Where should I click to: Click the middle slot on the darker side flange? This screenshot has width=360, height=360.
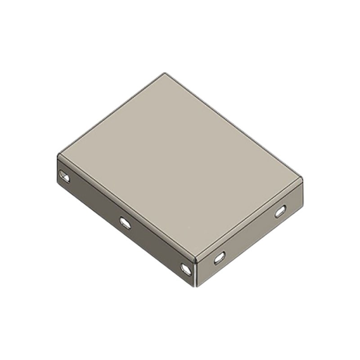click(125, 222)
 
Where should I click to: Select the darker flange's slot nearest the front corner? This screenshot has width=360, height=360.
click(186, 269)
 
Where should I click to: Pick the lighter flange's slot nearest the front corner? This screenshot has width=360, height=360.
click(219, 258)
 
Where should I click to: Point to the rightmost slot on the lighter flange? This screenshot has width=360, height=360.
click(280, 211)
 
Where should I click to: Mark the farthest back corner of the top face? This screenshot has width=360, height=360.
click(165, 73)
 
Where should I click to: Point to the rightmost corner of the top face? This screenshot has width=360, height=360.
click(302, 179)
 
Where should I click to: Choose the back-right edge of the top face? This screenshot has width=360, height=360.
click(234, 126)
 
